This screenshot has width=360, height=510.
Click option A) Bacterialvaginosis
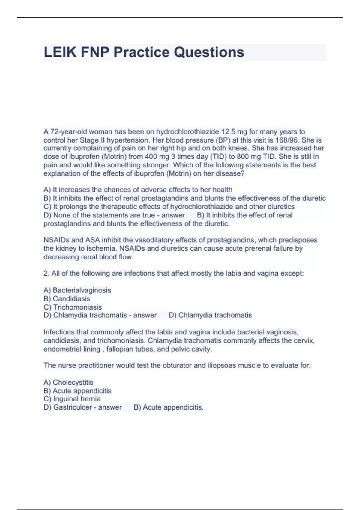[77, 290]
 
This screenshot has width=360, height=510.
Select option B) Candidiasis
[67, 298]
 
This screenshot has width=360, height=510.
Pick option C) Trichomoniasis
[73, 307]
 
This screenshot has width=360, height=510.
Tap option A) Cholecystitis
[68, 382]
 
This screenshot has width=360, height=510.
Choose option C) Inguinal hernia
[72, 399]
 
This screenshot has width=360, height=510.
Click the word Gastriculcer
[72, 407]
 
